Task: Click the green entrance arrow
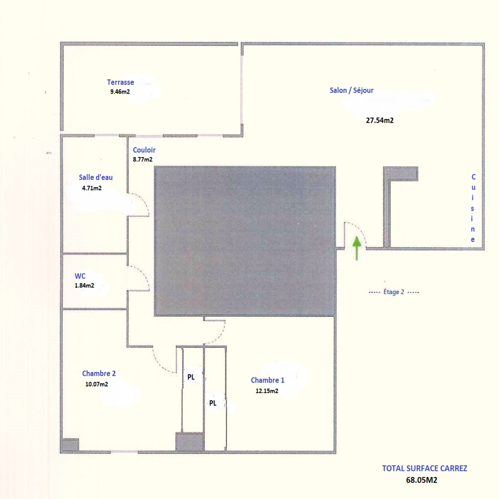coord(356,248)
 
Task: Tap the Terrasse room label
coord(120,82)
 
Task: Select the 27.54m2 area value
coord(380,120)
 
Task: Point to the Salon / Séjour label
coord(351,90)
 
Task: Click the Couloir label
coord(144,150)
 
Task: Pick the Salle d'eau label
coord(96,177)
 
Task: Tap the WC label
coord(80,276)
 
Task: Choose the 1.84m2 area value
coord(84,285)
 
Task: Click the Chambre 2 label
coord(99,373)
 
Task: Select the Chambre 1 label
coord(268,380)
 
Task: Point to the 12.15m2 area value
coord(267,391)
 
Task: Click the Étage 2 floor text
coord(394,292)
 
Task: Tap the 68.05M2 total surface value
coord(422,480)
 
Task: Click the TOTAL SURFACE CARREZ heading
coord(425,468)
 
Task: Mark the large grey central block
coord(245,241)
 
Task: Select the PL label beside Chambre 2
coord(191,377)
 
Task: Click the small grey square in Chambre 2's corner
coord(70,445)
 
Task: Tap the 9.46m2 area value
coord(120,92)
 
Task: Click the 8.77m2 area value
coord(143,159)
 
